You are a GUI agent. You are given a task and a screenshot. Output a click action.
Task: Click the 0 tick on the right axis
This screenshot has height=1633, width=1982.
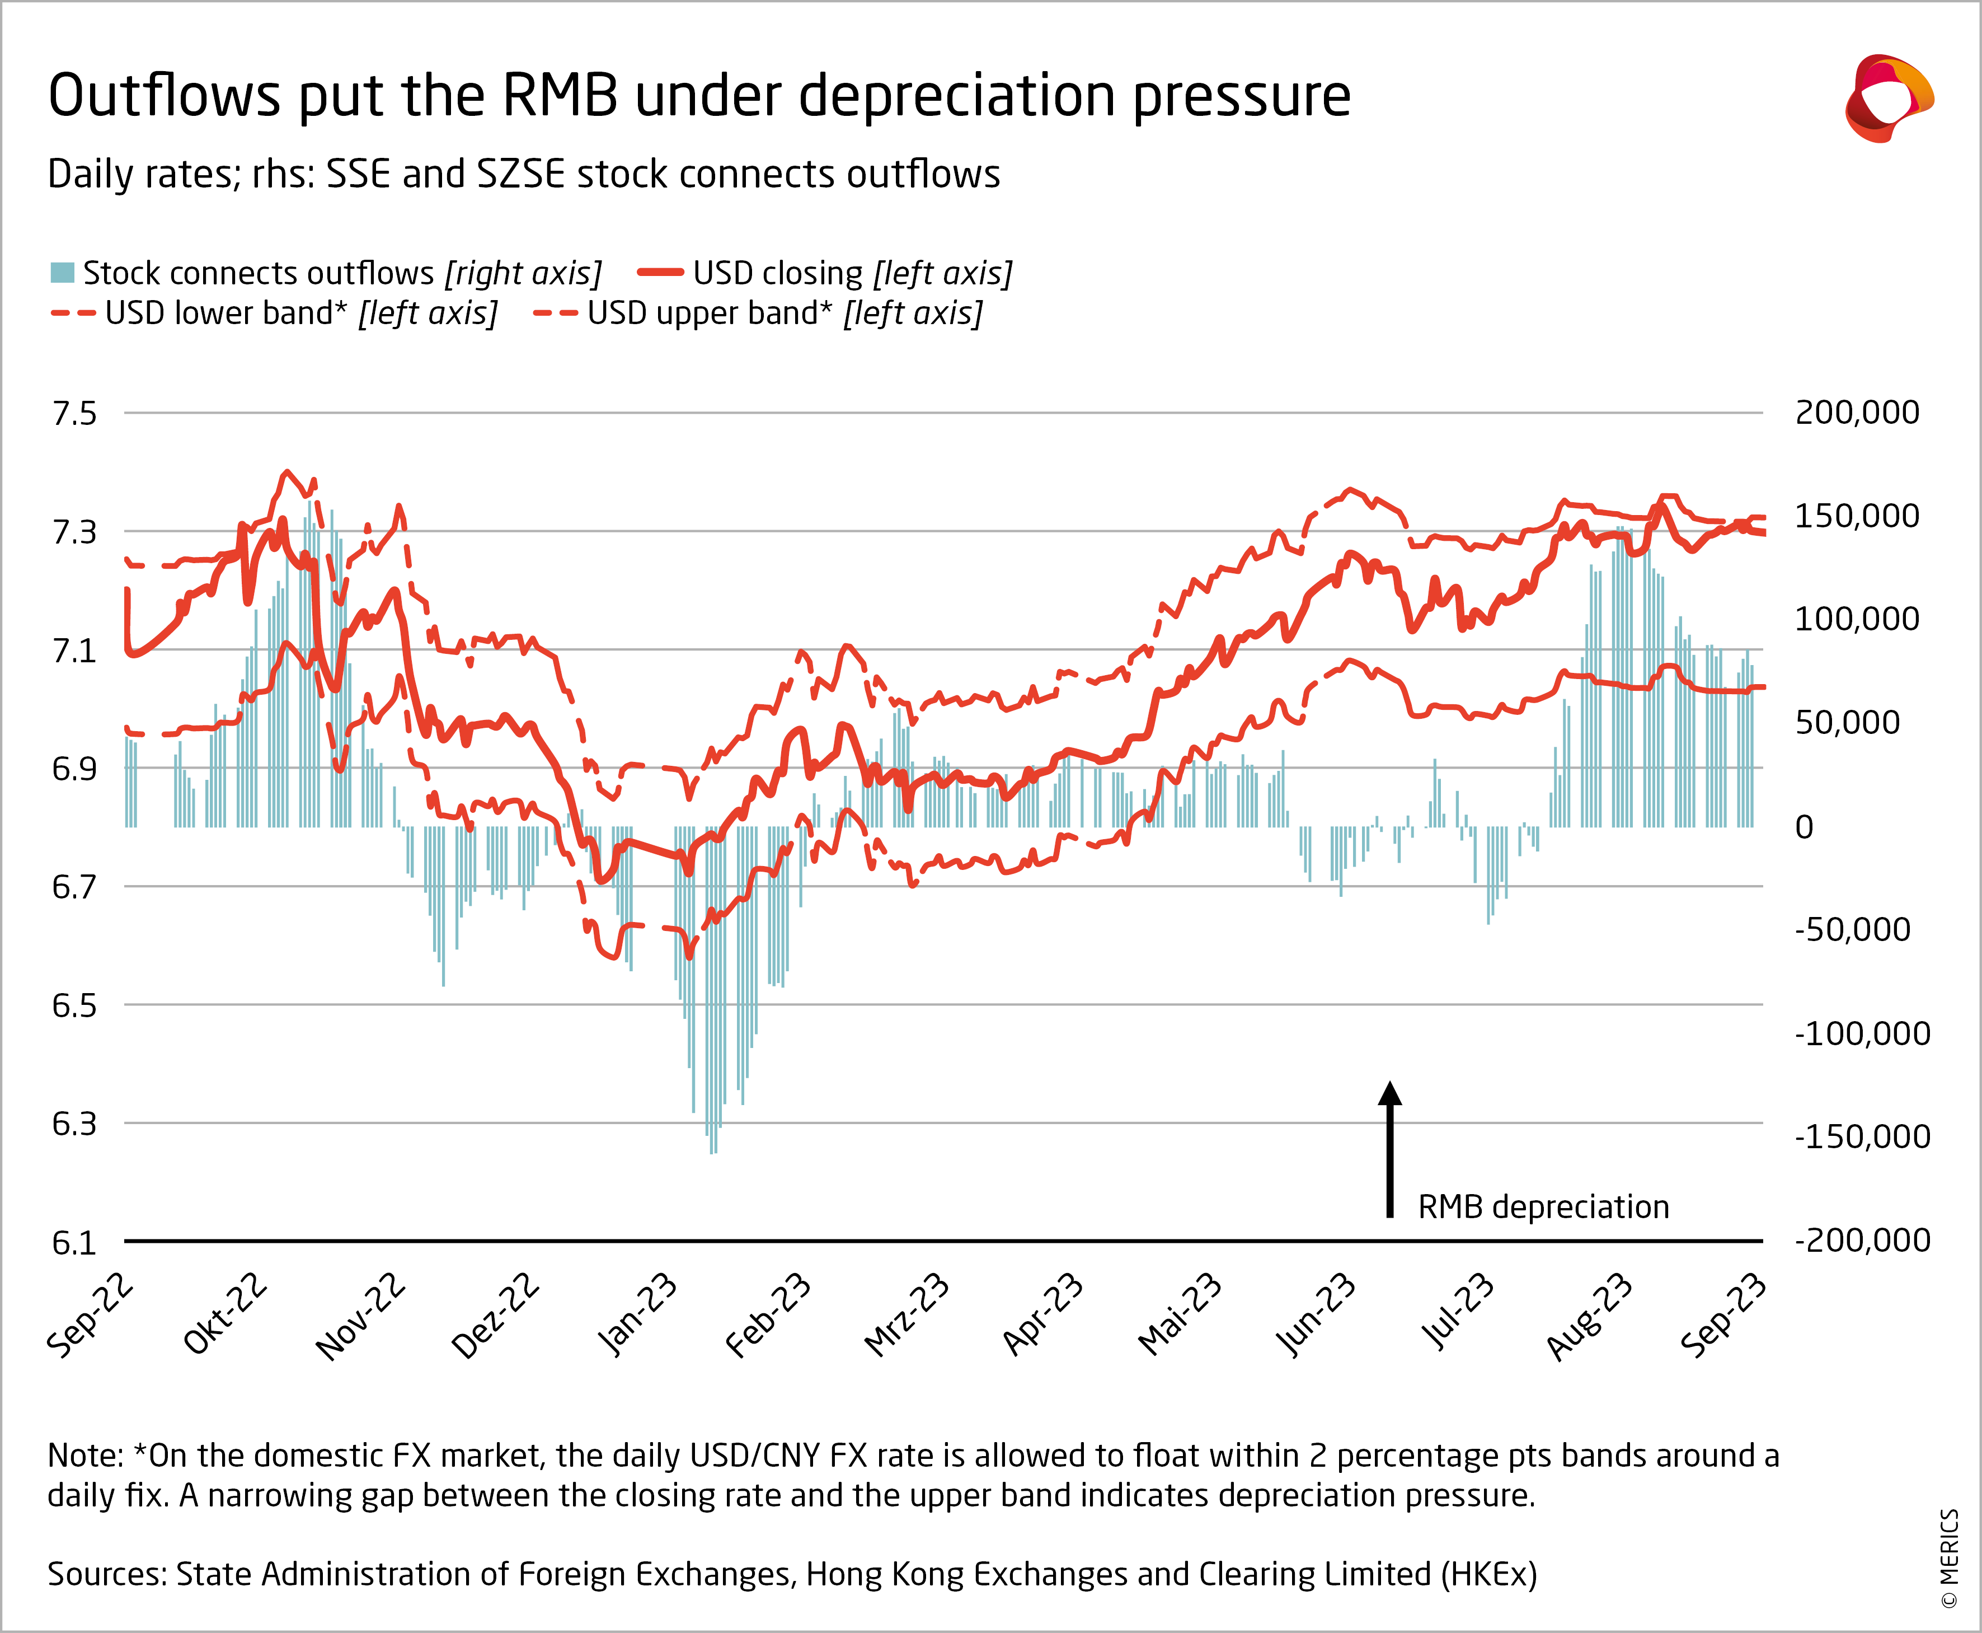(1803, 827)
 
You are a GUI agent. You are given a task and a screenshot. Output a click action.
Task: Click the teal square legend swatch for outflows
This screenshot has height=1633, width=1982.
(62, 273)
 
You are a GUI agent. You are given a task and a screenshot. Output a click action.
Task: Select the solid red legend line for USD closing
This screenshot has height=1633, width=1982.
(660, 273)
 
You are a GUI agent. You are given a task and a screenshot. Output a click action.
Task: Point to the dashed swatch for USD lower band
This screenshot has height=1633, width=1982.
(73, 314)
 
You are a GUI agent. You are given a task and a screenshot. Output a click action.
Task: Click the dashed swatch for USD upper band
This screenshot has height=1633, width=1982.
(555, 314)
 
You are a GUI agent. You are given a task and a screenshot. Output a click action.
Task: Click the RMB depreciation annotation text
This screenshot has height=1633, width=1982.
(1543, 1207)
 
